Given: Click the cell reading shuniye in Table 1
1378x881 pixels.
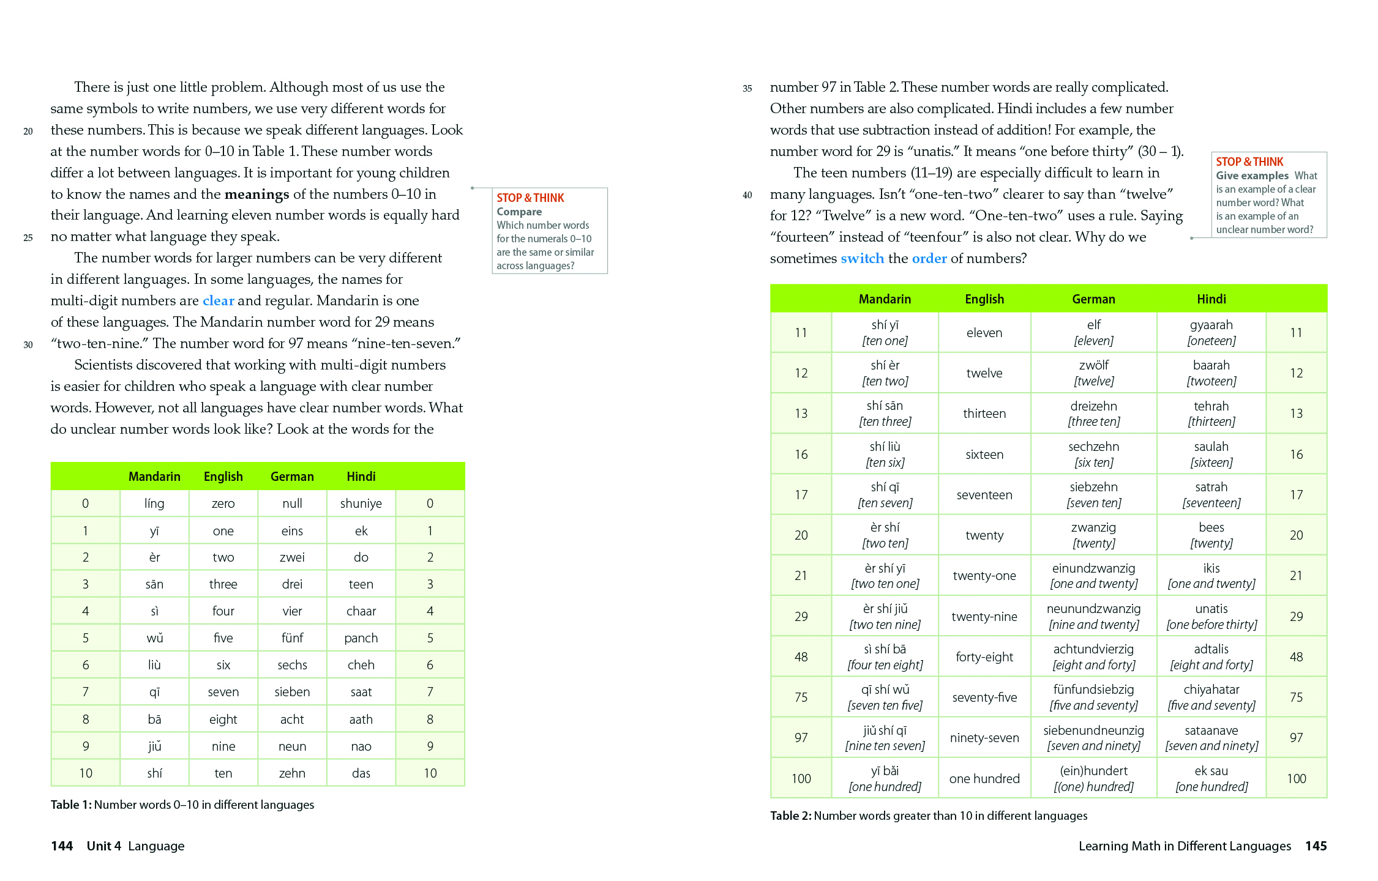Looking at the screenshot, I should (361, 504).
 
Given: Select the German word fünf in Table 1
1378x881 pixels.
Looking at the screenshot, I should (292, 638).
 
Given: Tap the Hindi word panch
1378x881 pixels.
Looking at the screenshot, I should (361, 638).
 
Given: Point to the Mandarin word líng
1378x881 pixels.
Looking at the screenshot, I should (154, 504).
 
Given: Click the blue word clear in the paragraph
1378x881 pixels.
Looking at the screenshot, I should (219, 300).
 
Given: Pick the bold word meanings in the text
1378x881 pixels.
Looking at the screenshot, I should (257, 194).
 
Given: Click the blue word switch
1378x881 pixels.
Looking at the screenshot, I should (862, 258).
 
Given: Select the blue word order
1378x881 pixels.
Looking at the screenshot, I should (929, 258).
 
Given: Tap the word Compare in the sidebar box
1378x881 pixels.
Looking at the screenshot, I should (519, 212).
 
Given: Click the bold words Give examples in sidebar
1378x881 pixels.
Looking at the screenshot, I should (1252, 176).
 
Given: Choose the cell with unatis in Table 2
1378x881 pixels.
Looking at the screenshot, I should (1211, 609).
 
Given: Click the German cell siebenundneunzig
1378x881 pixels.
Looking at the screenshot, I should (1093, 730).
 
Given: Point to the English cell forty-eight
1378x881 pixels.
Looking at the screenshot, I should (984, 657).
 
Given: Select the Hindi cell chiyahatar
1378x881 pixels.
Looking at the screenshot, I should (1211, 690).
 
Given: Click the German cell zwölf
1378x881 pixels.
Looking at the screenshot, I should (1093, 365).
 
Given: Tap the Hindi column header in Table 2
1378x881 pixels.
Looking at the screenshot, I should (1211, 299).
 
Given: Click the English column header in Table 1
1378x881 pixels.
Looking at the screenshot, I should (223, 477).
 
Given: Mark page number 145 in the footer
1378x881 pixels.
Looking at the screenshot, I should (1316, 846).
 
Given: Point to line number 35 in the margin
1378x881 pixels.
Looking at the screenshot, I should (747, 89).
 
